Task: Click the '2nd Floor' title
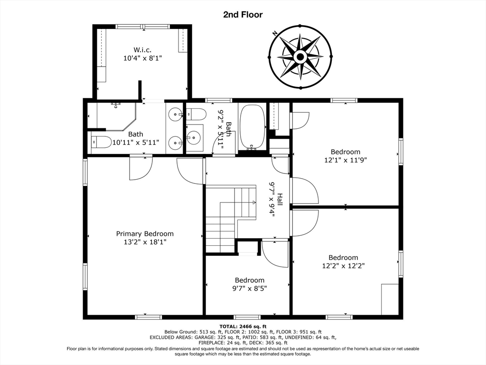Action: tap(243, 15)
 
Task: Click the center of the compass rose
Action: tap(300, 57)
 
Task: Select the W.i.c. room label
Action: tap(142, 49)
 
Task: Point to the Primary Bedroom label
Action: tap(145, 234)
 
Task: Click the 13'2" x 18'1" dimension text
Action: tap(145, 242)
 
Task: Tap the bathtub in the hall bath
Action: tap(253, 127)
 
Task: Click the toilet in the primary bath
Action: tap(101, 142)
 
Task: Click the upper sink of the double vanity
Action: tap(176, 115)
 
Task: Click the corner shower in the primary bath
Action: tap(116, 117)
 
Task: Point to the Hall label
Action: tap(280, 199)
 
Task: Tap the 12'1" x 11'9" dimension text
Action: tap(346, 160)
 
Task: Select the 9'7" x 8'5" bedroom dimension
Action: tap(250, 288)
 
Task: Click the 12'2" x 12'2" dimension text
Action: tap(344, 266)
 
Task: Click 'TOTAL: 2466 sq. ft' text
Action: tap(243, 326)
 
